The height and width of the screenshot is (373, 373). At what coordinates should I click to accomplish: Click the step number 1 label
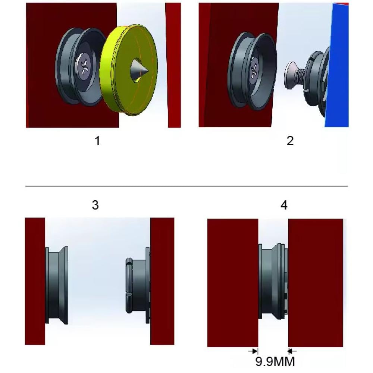coord(97,141)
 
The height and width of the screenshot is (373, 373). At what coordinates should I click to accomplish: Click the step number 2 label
coord(290,141)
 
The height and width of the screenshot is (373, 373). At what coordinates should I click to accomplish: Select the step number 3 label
coord(95,205)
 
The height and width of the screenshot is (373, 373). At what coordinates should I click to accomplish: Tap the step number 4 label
coord(284,205)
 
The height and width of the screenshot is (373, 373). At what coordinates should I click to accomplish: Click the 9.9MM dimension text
coord(275,361)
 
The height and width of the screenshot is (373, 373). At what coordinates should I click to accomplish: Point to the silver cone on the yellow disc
coord(139,70)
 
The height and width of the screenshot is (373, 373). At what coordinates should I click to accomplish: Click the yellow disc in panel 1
coord(128,70)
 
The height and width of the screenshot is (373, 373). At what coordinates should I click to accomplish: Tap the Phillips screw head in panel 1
coord(84,67)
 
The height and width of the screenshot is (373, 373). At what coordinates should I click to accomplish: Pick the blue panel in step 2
coord(338,65)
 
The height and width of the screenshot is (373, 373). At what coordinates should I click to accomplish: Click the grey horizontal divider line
coord(186,186)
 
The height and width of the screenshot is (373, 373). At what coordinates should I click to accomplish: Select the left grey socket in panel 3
coord(57,285)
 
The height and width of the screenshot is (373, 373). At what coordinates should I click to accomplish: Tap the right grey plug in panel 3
coord(138,285)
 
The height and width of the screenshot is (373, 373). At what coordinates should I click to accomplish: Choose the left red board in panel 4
coord(233,283)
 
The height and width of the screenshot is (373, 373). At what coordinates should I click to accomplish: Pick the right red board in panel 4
coord(316,283)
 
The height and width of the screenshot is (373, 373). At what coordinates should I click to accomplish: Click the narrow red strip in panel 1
coord(173,65)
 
